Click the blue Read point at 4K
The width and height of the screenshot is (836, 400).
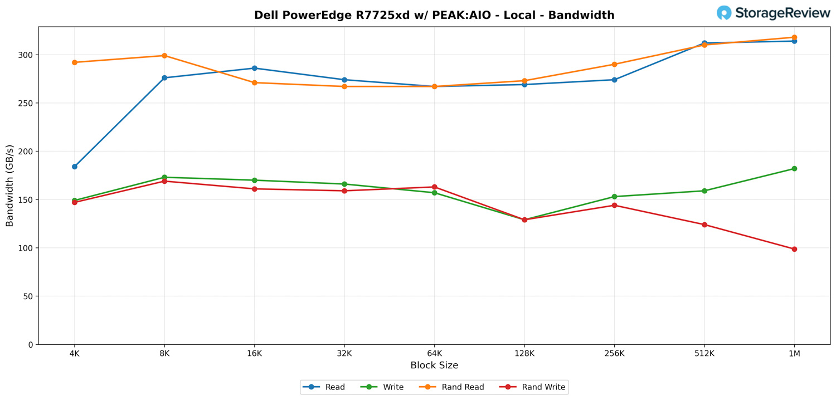[x=75, y=167]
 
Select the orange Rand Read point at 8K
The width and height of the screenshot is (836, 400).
[x=164, y=56]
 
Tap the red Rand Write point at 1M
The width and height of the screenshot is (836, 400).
[x=794, y=249]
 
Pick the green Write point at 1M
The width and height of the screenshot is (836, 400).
[x=794, y=169]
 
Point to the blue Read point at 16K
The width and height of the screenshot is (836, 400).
[x=255, y=68]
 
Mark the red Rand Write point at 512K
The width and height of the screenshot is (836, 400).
[x=704, y=225]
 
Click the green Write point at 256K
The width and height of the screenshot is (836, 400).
[x=614, y=197]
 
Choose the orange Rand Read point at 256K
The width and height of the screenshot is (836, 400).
[x=614, y=65]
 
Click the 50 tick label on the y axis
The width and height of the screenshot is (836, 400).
[x=27, y=296]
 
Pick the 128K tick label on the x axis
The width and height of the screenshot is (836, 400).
[x=524, y=354]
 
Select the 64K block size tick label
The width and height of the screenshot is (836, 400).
[x=434, y=354]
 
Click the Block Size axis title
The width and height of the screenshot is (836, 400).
[x=434, y=366]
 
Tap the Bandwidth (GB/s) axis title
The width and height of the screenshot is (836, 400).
[x=10, y=186]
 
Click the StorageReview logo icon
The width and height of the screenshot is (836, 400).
[x=724, y=13]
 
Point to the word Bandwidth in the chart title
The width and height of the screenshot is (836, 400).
[x=581, y=16]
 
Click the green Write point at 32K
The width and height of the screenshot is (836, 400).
[x=344, y=184]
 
